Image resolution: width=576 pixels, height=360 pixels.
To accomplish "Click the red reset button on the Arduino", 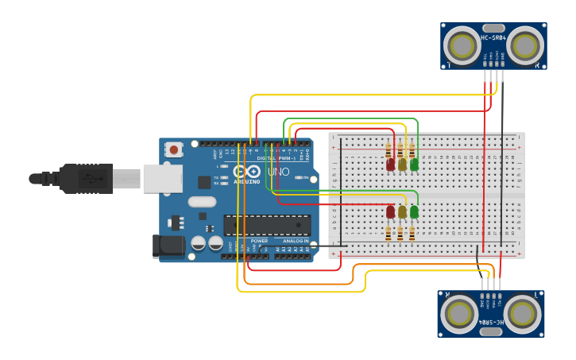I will click(x=173, y=149).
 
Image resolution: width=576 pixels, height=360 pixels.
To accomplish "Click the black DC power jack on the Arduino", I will click(x=168, y=246).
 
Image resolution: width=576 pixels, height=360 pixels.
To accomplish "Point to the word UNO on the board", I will click(x=278, y=172).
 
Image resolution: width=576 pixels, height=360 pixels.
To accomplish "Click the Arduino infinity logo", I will click(x=246, y=172).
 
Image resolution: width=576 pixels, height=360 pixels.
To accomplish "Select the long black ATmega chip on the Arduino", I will click(x=267, y=225).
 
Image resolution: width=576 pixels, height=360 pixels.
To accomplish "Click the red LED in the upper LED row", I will click(x=390, y=165).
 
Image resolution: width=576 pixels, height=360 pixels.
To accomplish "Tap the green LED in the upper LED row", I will click(x=414, y=165).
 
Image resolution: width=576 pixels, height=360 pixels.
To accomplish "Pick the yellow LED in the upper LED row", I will click(x=402, y=165).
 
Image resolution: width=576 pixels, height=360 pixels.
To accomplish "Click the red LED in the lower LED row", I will click(x=390, y=212).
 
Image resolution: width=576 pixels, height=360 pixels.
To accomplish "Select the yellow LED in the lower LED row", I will click(x=402, y=212).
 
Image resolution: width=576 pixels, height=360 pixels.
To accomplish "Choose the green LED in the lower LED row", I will click(x=414, y=212).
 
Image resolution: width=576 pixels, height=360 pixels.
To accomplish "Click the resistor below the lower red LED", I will click(x=389, y=233).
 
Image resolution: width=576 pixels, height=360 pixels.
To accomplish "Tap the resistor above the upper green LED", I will click(x=412, y=149).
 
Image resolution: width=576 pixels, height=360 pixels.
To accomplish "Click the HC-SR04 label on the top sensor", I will click(x=493, y=37).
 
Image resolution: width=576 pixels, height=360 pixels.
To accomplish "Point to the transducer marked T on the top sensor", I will click(x=461, y=47).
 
